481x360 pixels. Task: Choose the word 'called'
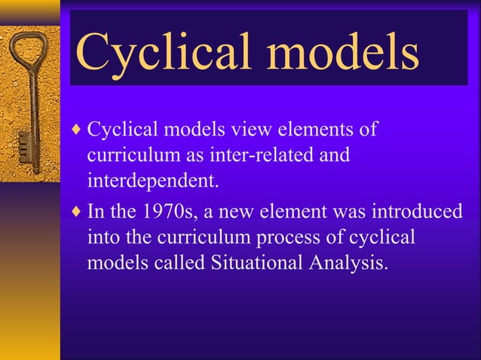point(180,264)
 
